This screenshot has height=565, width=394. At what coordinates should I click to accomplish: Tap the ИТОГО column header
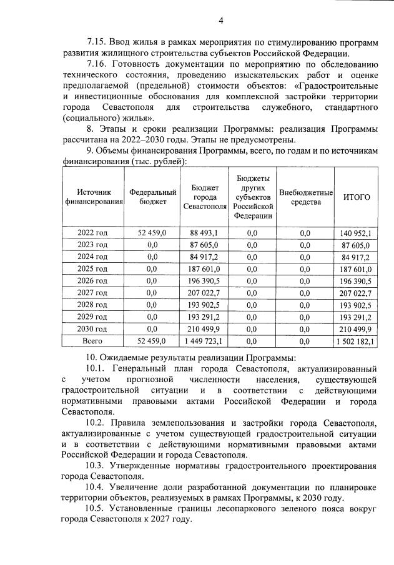coord(357,197)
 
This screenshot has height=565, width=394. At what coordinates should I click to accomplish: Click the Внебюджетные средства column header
coord(305,197)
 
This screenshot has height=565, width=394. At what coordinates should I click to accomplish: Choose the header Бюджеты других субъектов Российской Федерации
coord(252,197)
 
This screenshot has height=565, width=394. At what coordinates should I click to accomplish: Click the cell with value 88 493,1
coord(201,233)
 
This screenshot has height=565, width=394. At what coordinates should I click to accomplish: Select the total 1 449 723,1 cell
coord(201,341)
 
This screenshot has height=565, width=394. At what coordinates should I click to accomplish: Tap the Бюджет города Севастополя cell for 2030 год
coord(201,329)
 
